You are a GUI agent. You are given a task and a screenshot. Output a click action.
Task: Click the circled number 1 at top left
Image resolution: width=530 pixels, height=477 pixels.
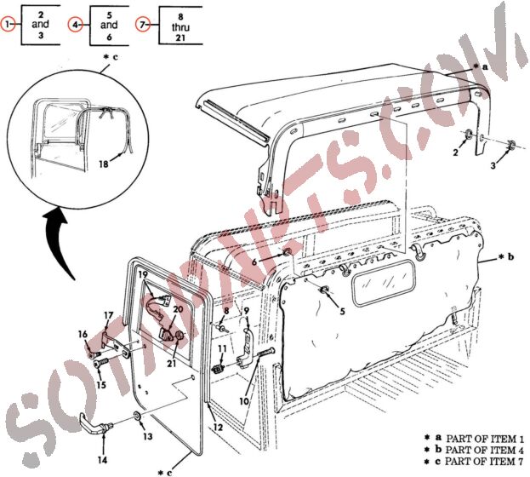(x=9, y=26)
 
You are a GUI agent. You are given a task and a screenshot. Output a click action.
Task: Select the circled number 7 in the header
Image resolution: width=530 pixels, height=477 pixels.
(x=142, y=26)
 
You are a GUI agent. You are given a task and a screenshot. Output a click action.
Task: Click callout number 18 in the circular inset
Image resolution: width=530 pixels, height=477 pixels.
(x=104, y=163)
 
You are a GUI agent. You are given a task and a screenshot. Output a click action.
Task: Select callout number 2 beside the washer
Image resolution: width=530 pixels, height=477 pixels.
(x=455, y=153)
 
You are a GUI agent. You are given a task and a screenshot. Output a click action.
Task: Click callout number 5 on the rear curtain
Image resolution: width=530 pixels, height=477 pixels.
(x=342, y=312)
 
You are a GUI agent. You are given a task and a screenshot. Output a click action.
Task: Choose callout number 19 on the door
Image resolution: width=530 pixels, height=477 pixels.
(x=144, y=274)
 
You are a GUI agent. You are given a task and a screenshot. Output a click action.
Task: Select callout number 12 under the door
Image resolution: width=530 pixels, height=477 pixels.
(x=218, y=426)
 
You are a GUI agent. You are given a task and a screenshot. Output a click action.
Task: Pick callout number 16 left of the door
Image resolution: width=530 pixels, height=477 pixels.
(x=83, y=333)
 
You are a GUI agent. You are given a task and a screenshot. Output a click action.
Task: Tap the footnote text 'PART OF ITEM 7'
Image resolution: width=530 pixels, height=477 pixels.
(x=482, y=460)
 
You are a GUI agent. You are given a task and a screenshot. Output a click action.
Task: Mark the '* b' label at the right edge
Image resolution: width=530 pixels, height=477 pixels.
(x=505, y=256)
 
